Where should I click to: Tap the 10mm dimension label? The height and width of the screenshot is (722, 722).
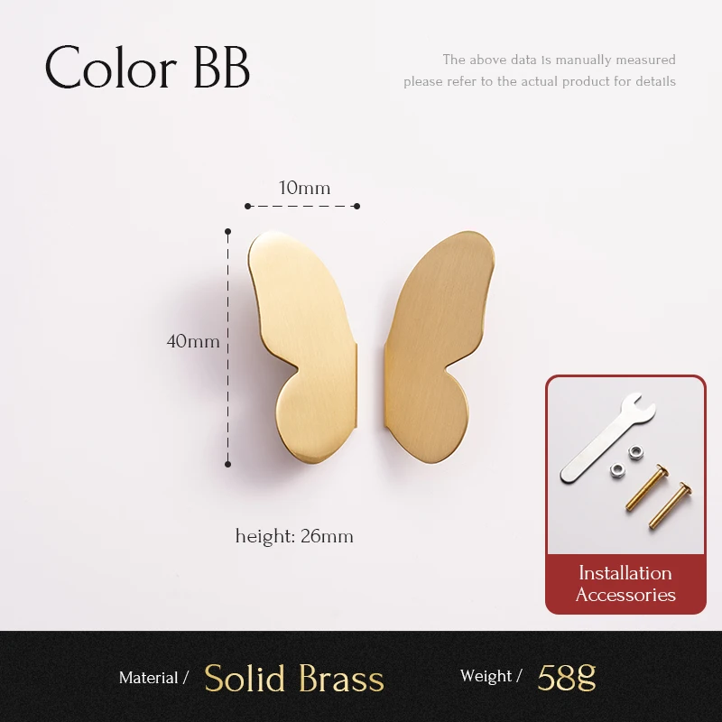304,188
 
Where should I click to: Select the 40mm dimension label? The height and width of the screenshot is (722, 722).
193,341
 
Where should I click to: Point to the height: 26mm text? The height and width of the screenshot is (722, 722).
294,536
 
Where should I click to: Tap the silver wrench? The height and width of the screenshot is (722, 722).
600,439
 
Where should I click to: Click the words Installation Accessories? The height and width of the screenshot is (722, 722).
625,584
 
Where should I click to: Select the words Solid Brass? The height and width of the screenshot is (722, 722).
294,678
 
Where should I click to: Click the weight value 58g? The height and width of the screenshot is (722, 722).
567,676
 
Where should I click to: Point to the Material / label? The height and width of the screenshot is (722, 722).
153,678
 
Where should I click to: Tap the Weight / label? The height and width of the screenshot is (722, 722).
491,676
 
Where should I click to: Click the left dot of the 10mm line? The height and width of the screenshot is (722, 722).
248,206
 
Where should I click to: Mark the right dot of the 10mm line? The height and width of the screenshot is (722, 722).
356,206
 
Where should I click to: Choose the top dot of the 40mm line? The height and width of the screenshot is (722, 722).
227,230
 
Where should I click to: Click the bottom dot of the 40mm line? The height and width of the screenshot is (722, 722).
227,464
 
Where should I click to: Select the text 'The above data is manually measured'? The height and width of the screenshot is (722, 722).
559,60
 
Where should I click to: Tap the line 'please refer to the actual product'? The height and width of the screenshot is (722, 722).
540,81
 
